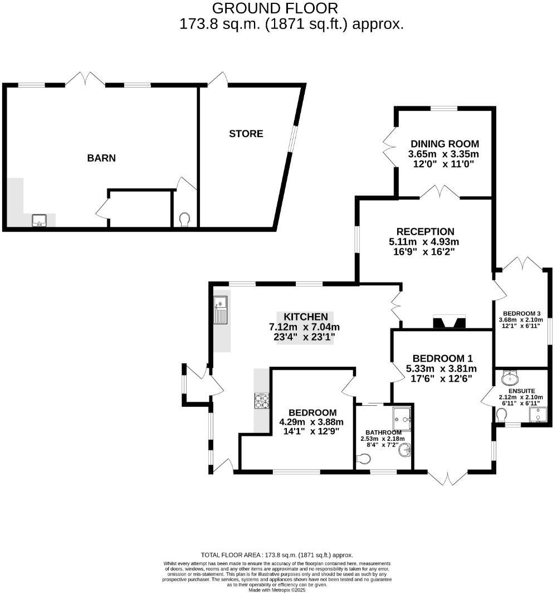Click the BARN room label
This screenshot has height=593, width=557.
pyautogui.click(x=101, y=158)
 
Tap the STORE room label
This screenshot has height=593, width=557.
pyautogui.click(x=246, y=134)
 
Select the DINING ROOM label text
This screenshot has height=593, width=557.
pyautogui.click(x=444, y=144)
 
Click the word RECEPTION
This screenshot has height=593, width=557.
pyautogui.click(x=426, y=231)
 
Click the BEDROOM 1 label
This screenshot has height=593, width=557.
pyautogui.click(x=442, y=358)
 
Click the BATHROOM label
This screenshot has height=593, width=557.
pyautogui.click(x=384, y=432)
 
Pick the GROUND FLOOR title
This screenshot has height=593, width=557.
pyautogui.click(x=275, y=8)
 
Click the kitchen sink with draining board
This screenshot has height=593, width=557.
pyautogui.click(x=221, y=310)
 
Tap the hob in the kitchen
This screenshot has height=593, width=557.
pyautogui.click(x=261, y=400)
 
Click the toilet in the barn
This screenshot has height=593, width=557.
pyautogui.click(x=185, y=220)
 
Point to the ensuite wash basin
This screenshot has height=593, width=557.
pyautogui.click(x=509, y=379)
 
